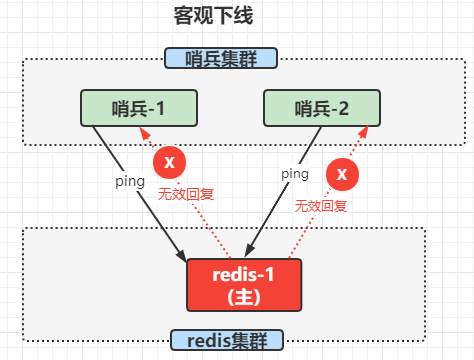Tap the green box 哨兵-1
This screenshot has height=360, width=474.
point(139,108)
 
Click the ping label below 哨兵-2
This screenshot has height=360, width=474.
point(293,173)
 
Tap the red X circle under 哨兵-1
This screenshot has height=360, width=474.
point(169,162)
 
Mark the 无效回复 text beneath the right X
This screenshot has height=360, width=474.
point(320,206)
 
